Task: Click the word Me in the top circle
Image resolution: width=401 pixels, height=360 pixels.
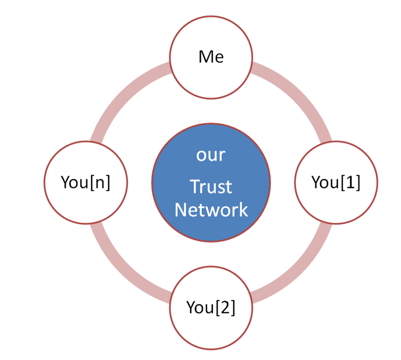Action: (x=211, y=56)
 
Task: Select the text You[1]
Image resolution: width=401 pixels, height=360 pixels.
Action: (x=336, y=182)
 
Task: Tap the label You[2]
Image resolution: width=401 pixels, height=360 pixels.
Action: (x=211, y=307)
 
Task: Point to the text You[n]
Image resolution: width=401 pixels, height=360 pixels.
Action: (x=85, y=182)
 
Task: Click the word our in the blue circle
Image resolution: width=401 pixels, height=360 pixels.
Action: (x=211, y=155)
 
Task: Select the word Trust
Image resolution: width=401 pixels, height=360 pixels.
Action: (x=211, y=186)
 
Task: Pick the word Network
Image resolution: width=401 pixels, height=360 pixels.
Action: (x=211, y=210)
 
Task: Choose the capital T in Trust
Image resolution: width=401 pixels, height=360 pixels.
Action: (x=194, y=186)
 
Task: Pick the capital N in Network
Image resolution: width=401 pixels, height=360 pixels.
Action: (x=180, y=210)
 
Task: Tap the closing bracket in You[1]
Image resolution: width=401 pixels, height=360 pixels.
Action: (x=357, y=183)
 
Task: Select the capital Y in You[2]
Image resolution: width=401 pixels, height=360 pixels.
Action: (x=191, y=307)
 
